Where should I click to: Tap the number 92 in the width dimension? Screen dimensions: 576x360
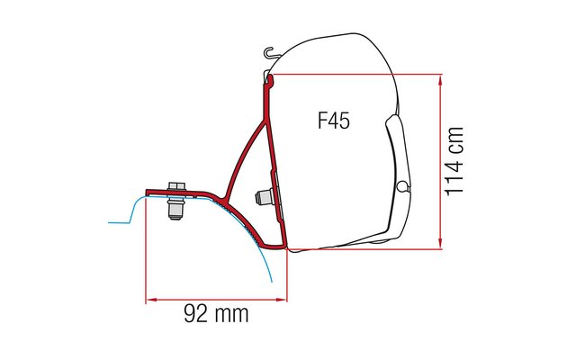coord(196,313)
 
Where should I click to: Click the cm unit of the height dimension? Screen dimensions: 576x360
coord(454,139)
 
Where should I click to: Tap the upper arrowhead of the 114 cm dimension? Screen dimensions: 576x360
coord(440,80)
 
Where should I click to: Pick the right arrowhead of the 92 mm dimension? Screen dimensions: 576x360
coord(281,300)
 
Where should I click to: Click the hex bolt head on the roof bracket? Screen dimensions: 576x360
coord(176,186)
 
